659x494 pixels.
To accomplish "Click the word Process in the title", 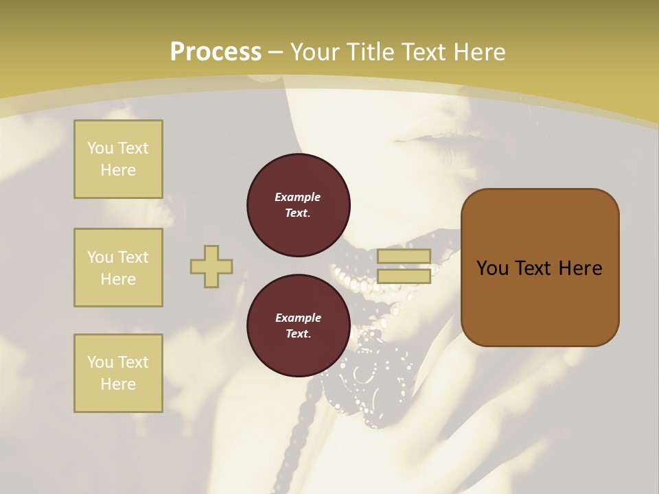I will click(x=216, y=52).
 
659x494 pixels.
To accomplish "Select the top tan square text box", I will click(x=118, y=159).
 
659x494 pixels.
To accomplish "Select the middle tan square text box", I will click(x=118, y=268).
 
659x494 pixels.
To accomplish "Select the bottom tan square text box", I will click(x=118, y=373).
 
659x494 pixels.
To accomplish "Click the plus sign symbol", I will click(x=211, y=267).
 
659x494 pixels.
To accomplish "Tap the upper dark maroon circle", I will click(x=298, y=204).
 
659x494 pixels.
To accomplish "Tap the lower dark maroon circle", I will click(x=298, y=326).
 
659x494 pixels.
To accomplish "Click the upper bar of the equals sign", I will click(x=404, y=257).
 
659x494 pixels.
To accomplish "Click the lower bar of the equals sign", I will click(x=404, y=276).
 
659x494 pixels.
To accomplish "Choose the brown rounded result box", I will click(x=540, y=268).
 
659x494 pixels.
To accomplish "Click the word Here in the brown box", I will click(x=580, y=268).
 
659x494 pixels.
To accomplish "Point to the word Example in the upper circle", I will click(x=298, y=197).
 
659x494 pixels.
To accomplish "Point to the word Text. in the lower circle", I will click(x=298, y=334).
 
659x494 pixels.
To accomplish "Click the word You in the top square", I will click(x=100, y=148).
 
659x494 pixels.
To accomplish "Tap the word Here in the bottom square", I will click(x=118, y=384).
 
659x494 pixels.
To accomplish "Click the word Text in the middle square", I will click(x=133, y=257).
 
